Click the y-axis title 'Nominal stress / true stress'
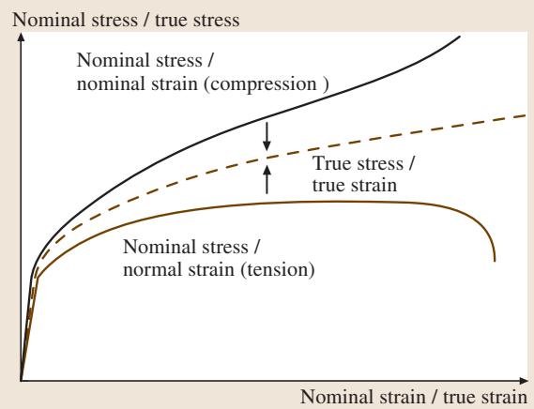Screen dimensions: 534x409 coord(126,20)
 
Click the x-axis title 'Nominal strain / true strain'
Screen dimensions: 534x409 coord(414,397)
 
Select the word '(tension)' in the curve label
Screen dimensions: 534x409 coord(278,270)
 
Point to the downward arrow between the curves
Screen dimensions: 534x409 coord(267,136)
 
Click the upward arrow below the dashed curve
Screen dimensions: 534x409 coord(267,179)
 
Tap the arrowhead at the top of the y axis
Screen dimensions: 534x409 coord(21,36)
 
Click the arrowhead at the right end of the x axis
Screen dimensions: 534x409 coord(524,381)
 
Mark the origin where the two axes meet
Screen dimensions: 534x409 coord(21,381)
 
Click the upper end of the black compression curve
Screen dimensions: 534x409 coord(460,37)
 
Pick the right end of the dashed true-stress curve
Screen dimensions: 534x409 coord(526,115)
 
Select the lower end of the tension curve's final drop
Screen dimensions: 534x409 coord(495,261)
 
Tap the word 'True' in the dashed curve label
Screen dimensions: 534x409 coord(332,163)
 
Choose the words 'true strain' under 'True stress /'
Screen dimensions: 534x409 coord(355,186)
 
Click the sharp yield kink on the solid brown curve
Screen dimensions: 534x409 coord(38,279)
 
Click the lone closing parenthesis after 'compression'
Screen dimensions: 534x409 coord(326,84)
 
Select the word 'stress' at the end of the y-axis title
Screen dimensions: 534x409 coord(216,20)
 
